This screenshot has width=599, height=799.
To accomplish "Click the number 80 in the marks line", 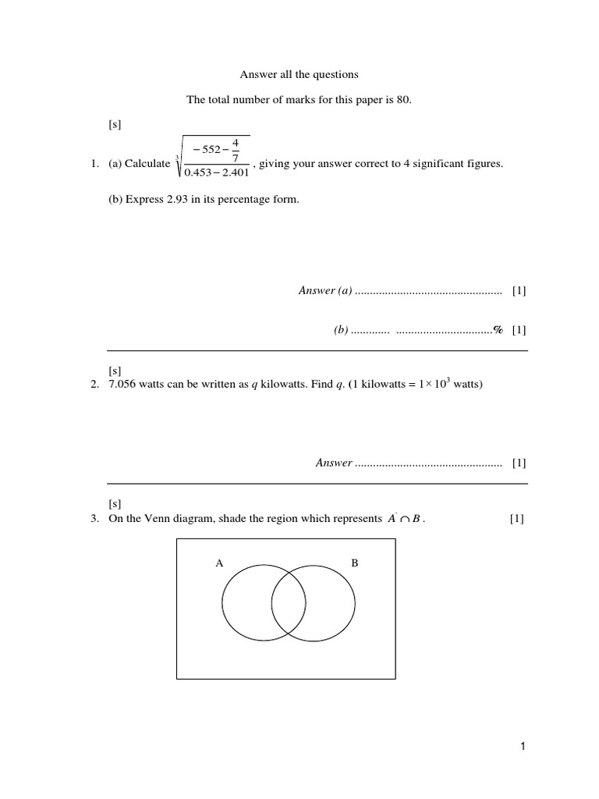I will tap(402, 99).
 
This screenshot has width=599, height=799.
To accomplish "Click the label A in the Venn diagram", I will tap(219, 562).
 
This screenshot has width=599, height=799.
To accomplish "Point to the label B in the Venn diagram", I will tap(354, 562).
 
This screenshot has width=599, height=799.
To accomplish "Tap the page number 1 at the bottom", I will tap(523, 748).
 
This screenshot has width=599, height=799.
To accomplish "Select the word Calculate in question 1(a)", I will tap(148, 163).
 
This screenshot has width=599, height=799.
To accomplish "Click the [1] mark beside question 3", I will tap(516, 518).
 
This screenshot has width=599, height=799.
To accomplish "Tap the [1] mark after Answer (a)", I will tap(519, 291).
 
